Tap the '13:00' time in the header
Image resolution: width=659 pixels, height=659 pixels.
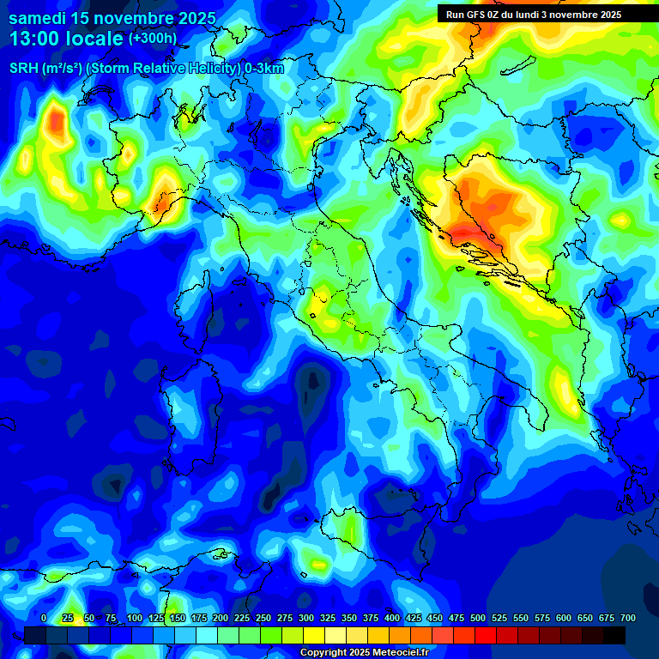[33, 39]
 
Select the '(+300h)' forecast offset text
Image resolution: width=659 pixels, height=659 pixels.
[153, 39]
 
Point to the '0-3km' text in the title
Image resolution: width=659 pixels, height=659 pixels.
[264, 69]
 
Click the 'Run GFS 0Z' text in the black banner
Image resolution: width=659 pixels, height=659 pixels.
[476, 15]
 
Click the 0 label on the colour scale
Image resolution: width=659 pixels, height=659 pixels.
[44, 618]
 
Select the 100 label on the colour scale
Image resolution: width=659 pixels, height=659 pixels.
[135, 618]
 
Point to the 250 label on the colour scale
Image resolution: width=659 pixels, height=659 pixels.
[263, 618]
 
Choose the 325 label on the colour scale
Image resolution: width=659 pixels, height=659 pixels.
[328, 618]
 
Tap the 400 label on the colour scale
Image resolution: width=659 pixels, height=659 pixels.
[392, 618]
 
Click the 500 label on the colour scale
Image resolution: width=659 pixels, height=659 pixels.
[478, 618]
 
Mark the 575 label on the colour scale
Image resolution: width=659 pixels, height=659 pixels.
[542, 618]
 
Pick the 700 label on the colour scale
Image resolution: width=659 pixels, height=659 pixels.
[627, 618]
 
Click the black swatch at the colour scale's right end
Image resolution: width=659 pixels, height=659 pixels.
[614, 635]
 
